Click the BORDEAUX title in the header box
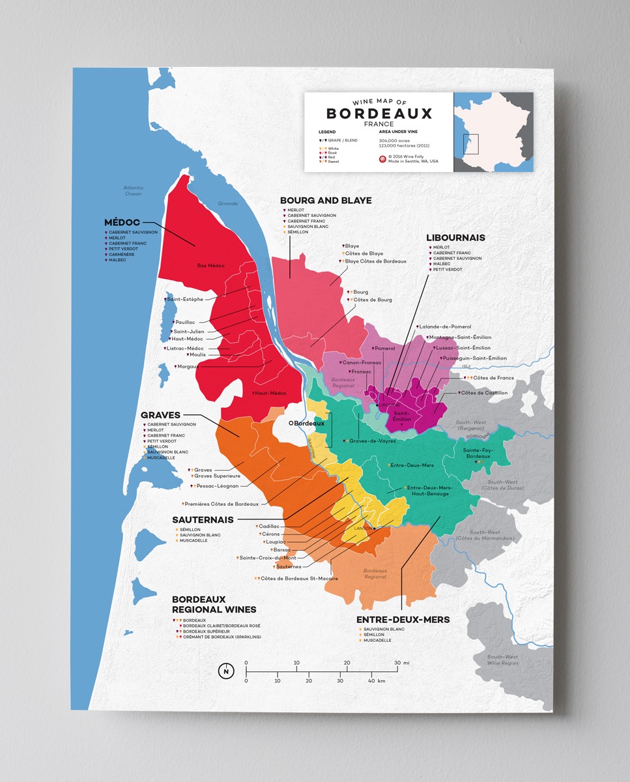click(379, 113)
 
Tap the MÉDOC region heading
click(122, 222)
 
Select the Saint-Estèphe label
click(186, 299)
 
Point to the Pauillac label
click(185, 323)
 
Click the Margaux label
click(188, 367)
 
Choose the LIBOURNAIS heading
click(455, 238)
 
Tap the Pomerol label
click(384, 349)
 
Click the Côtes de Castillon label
click(484, 393)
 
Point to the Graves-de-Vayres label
click(372, 441)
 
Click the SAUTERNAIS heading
click(203, 519)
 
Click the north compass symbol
click(226, 671)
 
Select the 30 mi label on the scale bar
click(402, 663)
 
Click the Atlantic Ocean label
click(133, 190)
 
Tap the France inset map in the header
click(493, 132)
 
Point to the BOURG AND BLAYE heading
click(326, 201)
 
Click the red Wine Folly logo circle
click(382, 158)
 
